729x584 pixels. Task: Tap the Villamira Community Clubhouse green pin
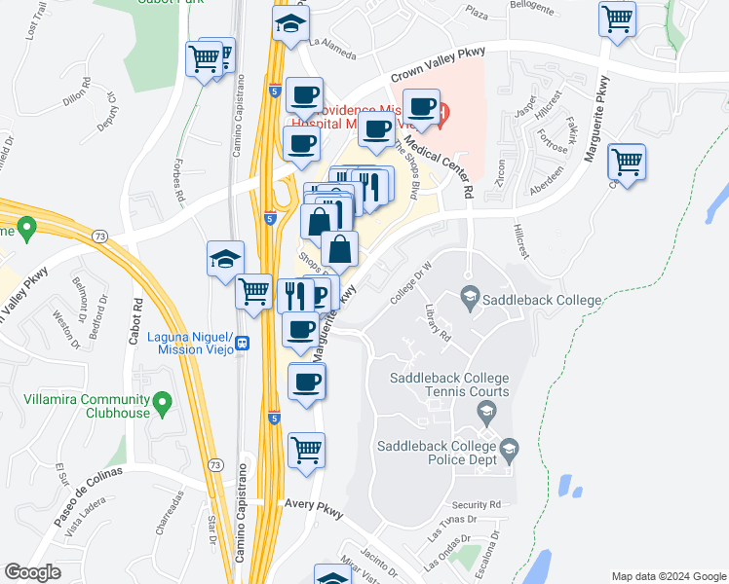163,401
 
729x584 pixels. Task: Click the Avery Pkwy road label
315,505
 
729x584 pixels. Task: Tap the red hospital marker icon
443,114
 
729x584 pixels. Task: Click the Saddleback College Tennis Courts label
449,384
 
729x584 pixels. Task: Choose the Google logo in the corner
32,571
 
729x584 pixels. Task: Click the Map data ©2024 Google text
669,576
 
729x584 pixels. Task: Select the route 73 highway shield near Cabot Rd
100,237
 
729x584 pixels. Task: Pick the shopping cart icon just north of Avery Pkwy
307,450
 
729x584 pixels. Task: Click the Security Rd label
477,505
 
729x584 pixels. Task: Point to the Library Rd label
439,322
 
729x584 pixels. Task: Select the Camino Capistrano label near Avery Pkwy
241,516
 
